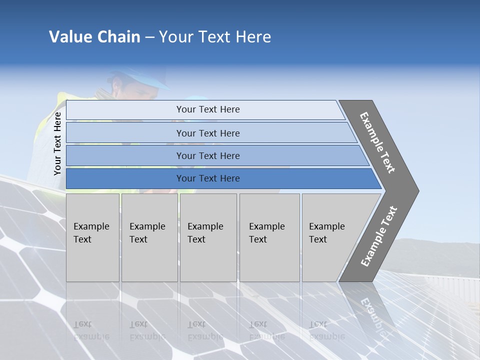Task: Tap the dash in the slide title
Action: (x=149, y=37)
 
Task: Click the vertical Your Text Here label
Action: (x=57, y=143)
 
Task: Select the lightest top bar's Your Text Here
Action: (x=208, y=109)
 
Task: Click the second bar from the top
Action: (x=208, y=133)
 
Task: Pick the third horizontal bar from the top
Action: (x=208, y=155)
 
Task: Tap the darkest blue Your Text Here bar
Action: (x=208, y=178)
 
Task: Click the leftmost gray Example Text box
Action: (x=92, y=237)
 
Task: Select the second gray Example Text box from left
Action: (x=149, y=237)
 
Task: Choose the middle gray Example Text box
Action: (x=208, y=237)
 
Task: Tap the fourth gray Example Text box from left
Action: (x=269, y=237)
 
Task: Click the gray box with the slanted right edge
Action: (x=330, y=237)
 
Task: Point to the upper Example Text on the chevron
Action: (x=377, y=142)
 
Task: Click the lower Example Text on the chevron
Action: (x=378, y=236)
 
